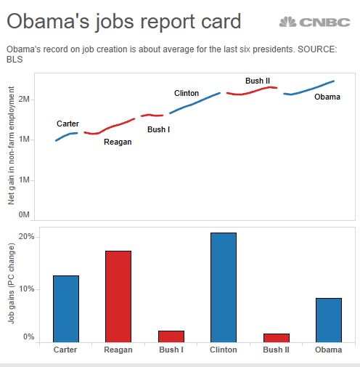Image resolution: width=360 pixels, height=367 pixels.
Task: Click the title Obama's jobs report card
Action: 124,22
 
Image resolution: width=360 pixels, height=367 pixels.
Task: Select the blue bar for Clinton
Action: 223,287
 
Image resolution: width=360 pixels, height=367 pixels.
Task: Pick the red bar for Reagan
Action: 118,296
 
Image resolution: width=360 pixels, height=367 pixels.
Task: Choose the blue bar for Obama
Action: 328,320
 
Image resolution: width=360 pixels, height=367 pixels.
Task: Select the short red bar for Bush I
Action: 171,336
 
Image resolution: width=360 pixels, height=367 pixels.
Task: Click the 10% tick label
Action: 26,289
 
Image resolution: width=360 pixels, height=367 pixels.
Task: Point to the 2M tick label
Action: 23,99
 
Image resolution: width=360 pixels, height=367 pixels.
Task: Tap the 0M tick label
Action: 23,215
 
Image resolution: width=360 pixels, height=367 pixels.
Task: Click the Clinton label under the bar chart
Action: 223,350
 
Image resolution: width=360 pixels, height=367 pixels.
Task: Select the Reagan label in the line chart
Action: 118,142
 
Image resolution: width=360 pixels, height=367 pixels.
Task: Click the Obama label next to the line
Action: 327,97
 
